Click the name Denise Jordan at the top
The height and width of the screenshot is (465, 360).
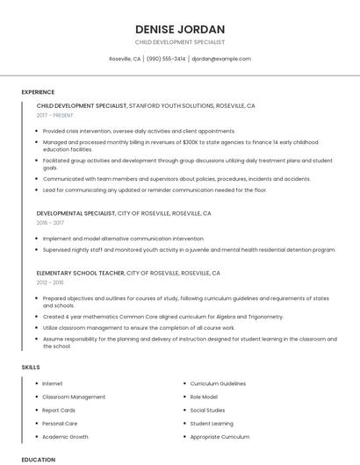click(x=180, y=29)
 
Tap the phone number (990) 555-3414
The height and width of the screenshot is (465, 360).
click(x=166, y=59)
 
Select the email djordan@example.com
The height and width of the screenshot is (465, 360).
click(x=221, y=59)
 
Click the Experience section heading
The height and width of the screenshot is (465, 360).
click(x=38, y=92)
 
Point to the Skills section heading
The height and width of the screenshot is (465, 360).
click(x=31, y=367)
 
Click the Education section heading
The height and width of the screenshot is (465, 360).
click(x=38, y=459)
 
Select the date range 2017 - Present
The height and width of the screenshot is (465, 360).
click(x=56, y=116)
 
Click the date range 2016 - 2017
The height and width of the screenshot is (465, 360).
click(x=51, y=223)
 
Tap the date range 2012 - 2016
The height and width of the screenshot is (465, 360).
click(x=51, y=283)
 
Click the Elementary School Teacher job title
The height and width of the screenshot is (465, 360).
click(x=81, y=273)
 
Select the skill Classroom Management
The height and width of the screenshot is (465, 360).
click(x=74, y=397)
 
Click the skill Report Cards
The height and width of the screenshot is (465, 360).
click(x=59, y=410)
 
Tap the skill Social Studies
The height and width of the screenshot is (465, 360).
click(x=208, y=410)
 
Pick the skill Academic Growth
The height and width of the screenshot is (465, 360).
click(x=65, y=436)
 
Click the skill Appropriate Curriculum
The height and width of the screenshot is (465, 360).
click(x=220, y=436)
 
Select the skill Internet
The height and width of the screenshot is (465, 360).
click(x=53, y=383)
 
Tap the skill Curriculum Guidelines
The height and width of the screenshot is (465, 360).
click(x=218, y=383)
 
